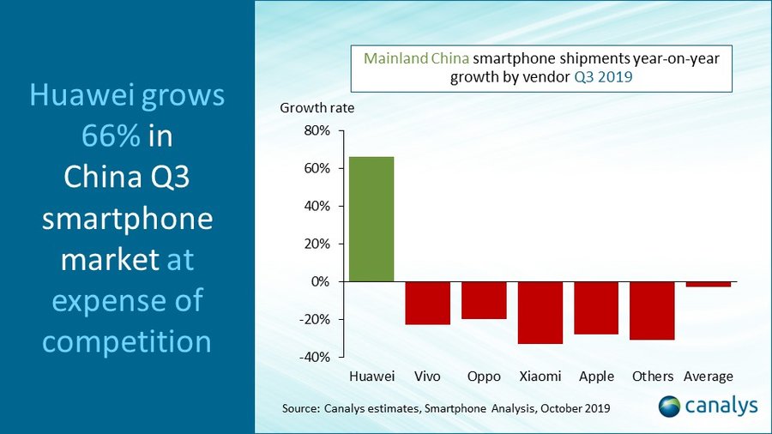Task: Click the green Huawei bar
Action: point(371,219)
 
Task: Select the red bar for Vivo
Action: point(427,303)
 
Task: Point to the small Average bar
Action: point(708,284)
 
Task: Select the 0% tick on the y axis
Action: point(320,281)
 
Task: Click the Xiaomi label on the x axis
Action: point(540,377)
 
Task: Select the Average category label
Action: point(708,377)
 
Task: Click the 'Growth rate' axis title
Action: point(317,108)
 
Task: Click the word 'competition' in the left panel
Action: point(127,341)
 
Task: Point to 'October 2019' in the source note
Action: point(574,408)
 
